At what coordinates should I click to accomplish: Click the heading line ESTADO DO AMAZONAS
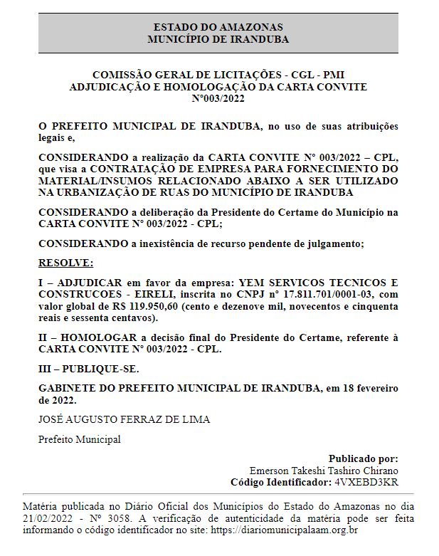pyautogui.click(x=218, y=27)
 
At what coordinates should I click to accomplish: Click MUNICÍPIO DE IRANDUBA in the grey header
pyautogui.click(x=218, y=39)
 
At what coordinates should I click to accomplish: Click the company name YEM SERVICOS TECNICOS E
pyautogui.click(x=319, y=283)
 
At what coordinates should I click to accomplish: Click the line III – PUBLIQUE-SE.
pyautogui.click(x=89, y=369)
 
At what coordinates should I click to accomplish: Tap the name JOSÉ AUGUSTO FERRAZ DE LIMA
pyautogui.click(x=124, y=419)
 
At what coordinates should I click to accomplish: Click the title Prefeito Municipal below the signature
pyautogui.click(x=79, y=439)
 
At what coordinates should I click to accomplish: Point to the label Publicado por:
pyautogui.click(x=363, y=459)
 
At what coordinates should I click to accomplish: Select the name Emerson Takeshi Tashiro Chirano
pyautogui.click(x=324, y=471)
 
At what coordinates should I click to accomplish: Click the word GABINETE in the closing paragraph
pyautogui.click(x=67, y=389)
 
